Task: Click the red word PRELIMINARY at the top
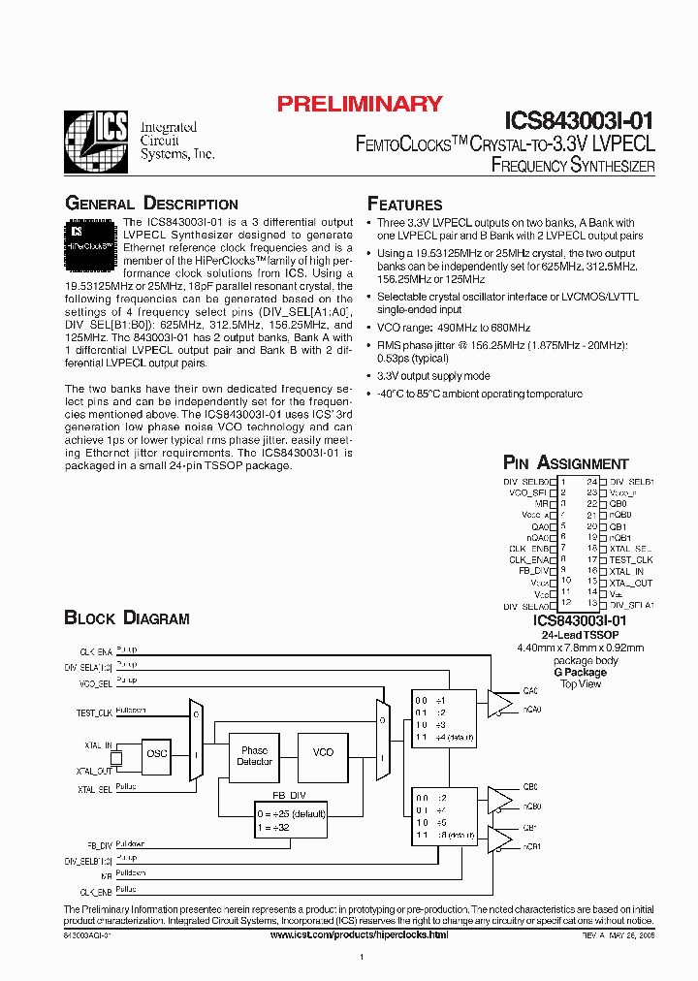coord(360,104)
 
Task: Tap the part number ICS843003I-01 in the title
coord(580,120)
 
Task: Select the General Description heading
coord(151,204)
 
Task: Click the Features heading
coord(404,204)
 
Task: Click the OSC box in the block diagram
coord(156,753)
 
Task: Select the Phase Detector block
coord(255,756)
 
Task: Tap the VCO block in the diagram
coord(323,752)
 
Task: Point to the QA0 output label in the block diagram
coord(529,691)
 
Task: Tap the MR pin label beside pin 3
coord(543,504)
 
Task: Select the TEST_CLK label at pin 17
coord(631,560)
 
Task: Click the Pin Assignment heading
coord(565,463)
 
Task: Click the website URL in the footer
coord(359,935)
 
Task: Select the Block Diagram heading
coord(126,617)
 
